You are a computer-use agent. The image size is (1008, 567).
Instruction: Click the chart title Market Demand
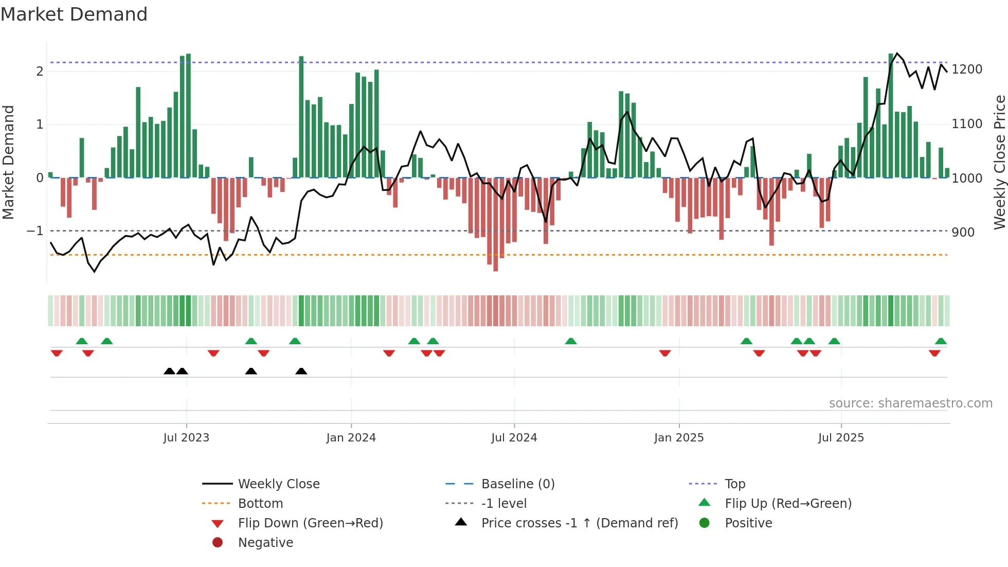(x=74, y=14)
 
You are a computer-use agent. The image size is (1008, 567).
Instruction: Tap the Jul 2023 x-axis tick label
(x=186, y=438)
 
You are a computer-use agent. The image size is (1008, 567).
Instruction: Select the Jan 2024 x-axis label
(x=351, y=438)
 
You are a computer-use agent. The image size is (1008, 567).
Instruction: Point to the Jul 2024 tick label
(x=514, y=438)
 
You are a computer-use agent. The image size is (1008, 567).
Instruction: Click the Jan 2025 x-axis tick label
(x=678, y=438)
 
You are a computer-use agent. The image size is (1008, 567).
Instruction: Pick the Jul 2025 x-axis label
(x=841, y=438)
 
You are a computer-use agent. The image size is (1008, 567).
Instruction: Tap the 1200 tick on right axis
(x=967, y=69)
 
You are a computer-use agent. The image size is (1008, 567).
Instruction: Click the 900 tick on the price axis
(x=963, y=233)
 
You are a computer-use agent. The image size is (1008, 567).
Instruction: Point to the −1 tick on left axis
(x=35, y=231)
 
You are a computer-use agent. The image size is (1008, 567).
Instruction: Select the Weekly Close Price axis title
(x=999, y=162)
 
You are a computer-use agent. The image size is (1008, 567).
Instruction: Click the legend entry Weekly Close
(x=278, y=484)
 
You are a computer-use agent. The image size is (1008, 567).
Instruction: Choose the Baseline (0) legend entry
(x=517, y=484)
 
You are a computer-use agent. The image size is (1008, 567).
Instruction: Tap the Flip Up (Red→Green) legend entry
(x=788, y=504)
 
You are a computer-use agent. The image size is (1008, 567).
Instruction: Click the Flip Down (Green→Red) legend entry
(x=310, y=523)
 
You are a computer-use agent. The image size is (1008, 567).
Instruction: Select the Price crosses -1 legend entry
(x=579, y=523)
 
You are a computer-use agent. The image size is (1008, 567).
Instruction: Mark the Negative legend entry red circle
(x=218, y=543)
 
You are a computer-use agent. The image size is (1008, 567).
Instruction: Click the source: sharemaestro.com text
(x=910, y=403)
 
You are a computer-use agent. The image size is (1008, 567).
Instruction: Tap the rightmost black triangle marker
(x=301, y=371)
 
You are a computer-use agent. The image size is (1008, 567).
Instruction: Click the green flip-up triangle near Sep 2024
(x=571, y=341)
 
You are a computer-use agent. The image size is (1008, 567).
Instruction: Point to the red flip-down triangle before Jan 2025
(x=665, y=353)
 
